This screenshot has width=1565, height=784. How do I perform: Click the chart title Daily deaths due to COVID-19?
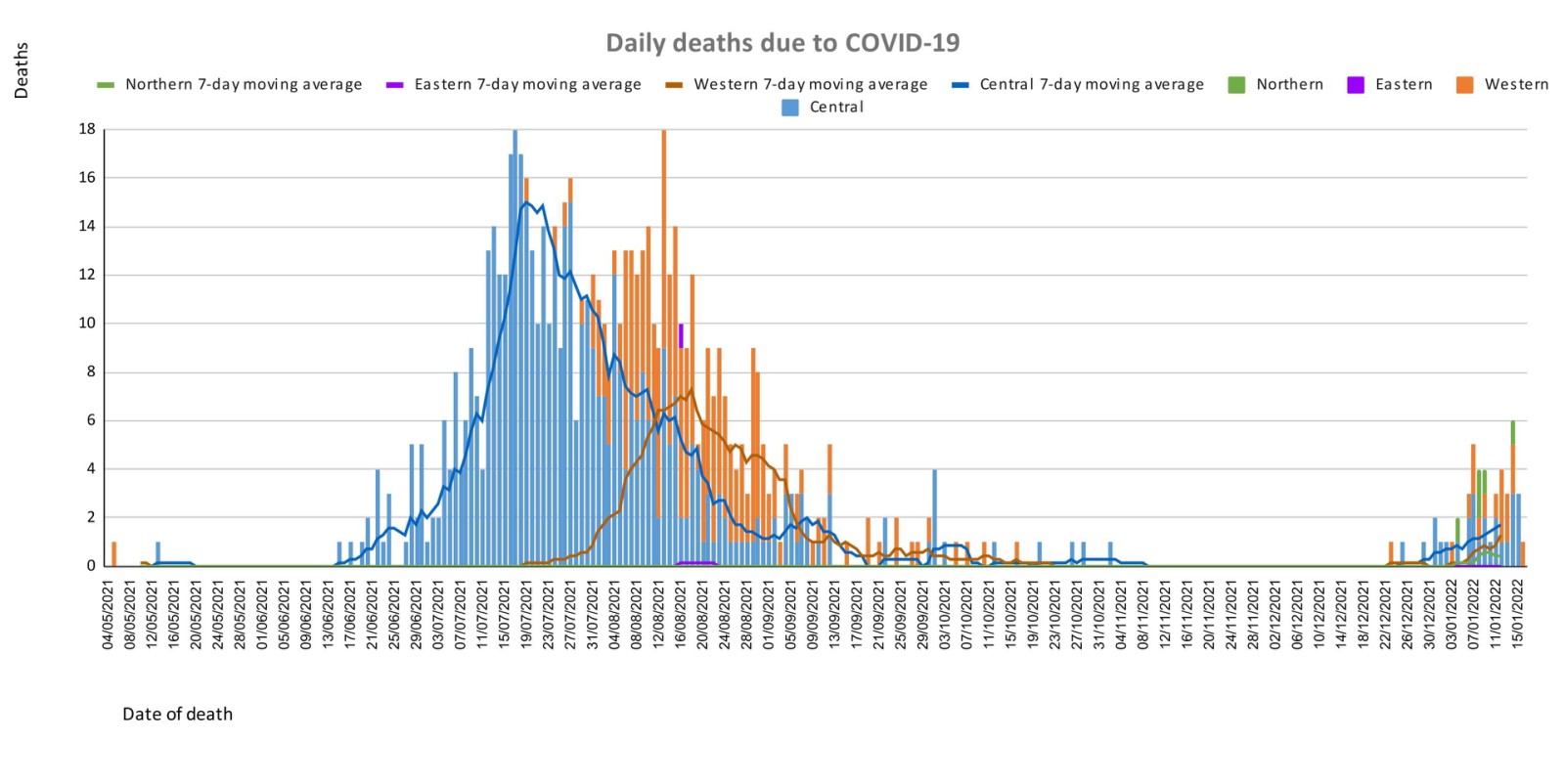tap(782, 43)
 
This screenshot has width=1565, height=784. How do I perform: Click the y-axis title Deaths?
tap(22, 70)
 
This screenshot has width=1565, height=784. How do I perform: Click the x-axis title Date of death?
tap(177, 715)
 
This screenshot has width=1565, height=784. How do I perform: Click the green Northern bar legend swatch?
tap(1236, 85)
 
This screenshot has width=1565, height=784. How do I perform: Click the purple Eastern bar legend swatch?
tap(1356, 85)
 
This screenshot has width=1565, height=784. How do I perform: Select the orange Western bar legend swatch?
tap(1464, 85)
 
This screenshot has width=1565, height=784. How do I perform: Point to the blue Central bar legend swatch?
tap(790, 108)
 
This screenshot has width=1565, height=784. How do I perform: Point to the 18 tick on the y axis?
tap(88, 129)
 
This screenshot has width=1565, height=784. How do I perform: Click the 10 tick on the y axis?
tap(88, 324)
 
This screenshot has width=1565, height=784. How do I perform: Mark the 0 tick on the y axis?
tap(92, 566)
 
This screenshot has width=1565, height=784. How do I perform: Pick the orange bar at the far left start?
tap(114, 554)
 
